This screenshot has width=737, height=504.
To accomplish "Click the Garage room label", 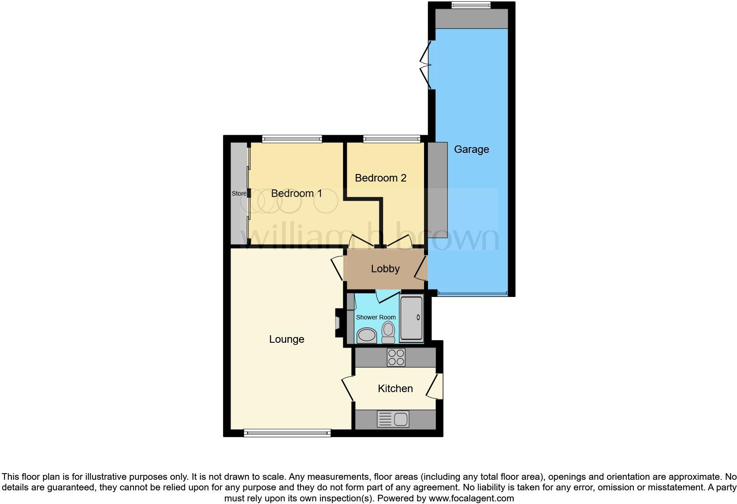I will coord(471,149).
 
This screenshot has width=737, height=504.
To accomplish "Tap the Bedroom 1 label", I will coord(296,193).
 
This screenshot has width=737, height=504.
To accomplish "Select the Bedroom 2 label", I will coord(380,178).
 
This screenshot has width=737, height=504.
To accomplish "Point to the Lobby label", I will coord(385,269).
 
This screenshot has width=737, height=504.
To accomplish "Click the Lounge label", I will coord(287,339).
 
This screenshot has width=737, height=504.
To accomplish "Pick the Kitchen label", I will coord(395,389).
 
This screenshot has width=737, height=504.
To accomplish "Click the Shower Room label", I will coord(376,317).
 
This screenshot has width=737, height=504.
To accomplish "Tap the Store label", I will coord(239,193).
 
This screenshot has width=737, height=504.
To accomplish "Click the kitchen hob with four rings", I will coord(395,357).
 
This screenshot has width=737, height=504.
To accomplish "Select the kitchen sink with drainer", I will coord(393,419).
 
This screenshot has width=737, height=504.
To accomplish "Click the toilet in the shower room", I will coord(388,332).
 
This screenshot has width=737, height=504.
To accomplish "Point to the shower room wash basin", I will coord(366,336).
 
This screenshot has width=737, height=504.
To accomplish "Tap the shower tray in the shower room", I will coord(411,318).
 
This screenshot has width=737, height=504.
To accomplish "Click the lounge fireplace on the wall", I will coord(339,323).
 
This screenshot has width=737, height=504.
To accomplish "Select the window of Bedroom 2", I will coord(391,139).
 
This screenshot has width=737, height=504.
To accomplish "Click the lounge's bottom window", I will coord(287,433).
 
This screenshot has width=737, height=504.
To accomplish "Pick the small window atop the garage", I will coord(471,5).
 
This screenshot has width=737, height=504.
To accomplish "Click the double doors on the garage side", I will coord(426,65).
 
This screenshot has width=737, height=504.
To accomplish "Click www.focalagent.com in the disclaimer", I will coord(471,498).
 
